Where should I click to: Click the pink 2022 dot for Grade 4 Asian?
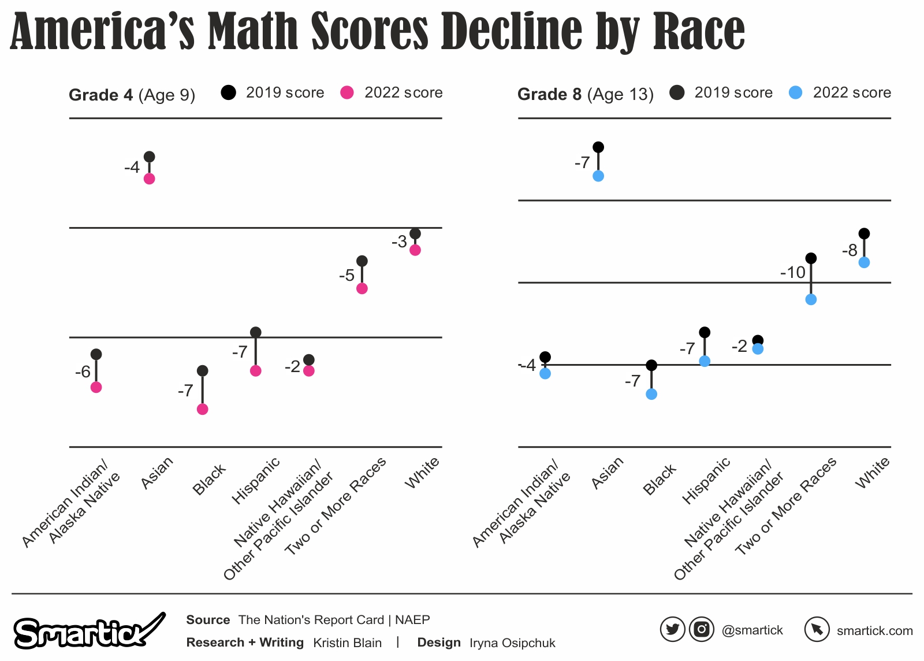coord(149,179)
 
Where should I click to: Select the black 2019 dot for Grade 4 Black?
coord(202,370)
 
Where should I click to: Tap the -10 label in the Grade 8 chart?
coord(792,272)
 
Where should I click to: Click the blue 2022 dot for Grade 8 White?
coord(864,262)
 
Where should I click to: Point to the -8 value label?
coord(850,250)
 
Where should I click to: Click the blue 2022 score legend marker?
coord(795,92)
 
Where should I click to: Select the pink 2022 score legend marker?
coord(346,92)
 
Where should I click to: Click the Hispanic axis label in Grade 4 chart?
coord(255,480)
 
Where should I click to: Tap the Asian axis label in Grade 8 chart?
coord(608,473)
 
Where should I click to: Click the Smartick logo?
coord(87,631)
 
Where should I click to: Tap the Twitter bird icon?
coord(672,629)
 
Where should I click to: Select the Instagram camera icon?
coord(701,629)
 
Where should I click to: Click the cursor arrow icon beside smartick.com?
coord(817,629)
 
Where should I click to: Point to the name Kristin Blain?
coord(347,643)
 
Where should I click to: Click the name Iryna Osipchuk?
coord(512,643)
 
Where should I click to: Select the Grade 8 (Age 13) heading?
coord(585,94)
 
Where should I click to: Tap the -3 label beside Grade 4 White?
coord(399,242)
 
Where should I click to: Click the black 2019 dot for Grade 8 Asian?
coord(598,147)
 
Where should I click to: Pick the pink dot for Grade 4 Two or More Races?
coord(362,288)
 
